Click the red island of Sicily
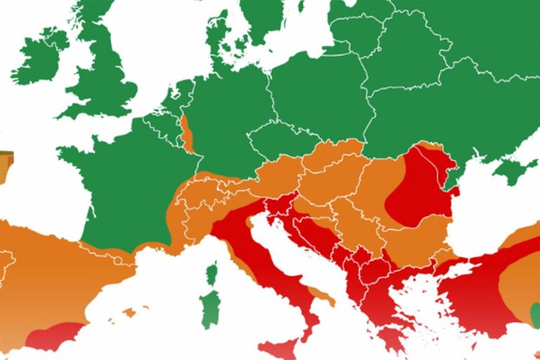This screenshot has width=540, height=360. (x=281, y=349)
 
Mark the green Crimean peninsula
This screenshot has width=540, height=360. (x=517, y=169)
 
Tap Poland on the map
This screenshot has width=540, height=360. (x=316, y=98)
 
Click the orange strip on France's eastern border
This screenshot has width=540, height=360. (x=187, y=134)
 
